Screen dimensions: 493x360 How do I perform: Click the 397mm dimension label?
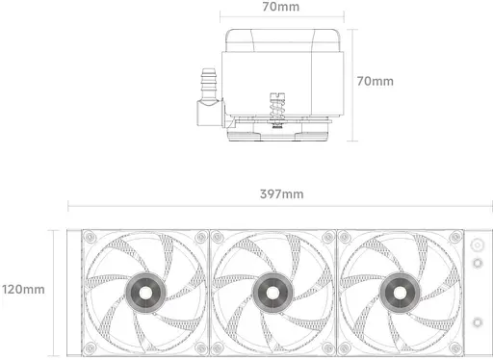(281, 194)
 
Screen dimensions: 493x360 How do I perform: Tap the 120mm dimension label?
(23, 290)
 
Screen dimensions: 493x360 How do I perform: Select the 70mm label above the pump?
(281, 7)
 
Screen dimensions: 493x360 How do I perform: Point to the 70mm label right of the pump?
(376, 81)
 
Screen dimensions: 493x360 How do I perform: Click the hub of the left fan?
(145, 293)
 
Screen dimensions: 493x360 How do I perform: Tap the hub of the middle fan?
(272, 293)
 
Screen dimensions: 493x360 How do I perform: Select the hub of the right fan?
(400, 293)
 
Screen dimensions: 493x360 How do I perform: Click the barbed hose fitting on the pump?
(208, 84)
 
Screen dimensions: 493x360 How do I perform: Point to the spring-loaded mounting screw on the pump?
(277, 111)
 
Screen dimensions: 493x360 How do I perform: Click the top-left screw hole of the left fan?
(90, 238)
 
